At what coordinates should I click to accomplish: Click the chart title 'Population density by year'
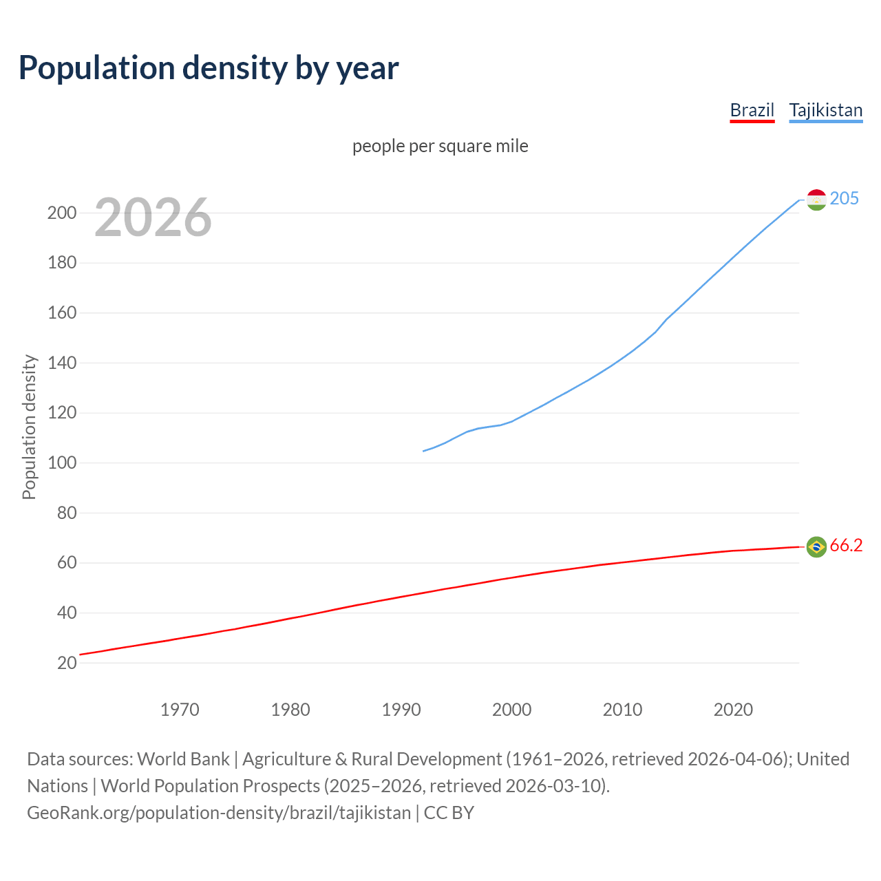click(x=209, y=68)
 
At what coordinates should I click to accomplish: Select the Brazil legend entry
click(x=752, y=110)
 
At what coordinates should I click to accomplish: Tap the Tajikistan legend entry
click(x=825, y=110)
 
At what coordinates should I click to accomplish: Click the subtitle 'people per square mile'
click(x=440, y=146)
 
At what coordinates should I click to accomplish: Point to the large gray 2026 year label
click(x=153, y=217)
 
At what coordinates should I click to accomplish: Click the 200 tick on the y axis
click(x=62, y=213)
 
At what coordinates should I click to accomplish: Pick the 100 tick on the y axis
click(x=62, y=463)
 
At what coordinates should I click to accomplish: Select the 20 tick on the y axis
click(x=67, y=663)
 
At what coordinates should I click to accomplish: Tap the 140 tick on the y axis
click(x=62, y=363)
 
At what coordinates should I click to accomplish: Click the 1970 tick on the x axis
click(x=180, y=709)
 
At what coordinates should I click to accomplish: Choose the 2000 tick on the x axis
click(x=511, y=709)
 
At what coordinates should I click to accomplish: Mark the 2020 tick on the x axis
click(x=733, y=709)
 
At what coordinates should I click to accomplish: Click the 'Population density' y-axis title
click(x=29, y=427)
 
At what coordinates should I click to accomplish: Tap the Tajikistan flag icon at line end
click(x=816, y=200)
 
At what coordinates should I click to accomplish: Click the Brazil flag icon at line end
click(x=816, y=546)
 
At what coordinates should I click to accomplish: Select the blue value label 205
click(x=845, y=198)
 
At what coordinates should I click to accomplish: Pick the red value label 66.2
click(x=846, y=546)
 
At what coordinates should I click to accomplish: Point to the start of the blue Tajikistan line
click(x=423, y=451)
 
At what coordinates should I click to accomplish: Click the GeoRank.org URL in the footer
click(x=219, y=812)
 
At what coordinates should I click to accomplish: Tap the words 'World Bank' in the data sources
click(x=183, y=758)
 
